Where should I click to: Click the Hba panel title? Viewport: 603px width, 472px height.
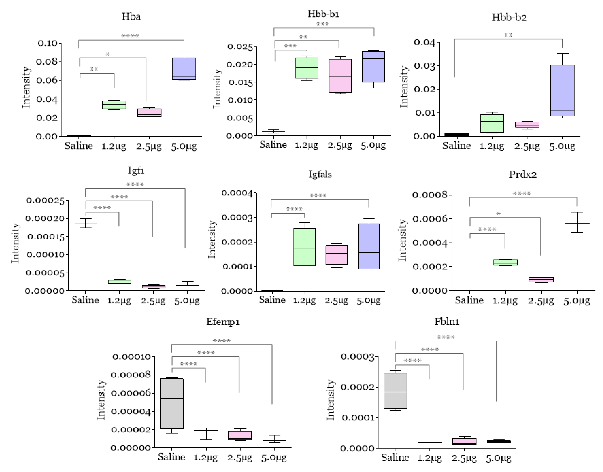coord(131,17)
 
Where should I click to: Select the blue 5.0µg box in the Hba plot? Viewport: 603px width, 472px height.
coord(184,69)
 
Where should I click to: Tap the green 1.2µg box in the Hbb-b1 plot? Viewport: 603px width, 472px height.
coord(307,68)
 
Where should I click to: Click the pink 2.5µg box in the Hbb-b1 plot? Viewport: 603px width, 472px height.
coord(340,76)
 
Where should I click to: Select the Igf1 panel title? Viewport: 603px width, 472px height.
coord(136,171)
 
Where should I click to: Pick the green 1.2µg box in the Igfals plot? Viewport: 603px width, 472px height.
coord(304,247)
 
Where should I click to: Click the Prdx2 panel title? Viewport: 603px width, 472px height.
coord(523,174)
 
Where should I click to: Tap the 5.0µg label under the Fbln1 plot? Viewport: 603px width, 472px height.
coord(499,458)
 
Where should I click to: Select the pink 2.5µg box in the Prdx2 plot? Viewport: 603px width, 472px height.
coord(541,280)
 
